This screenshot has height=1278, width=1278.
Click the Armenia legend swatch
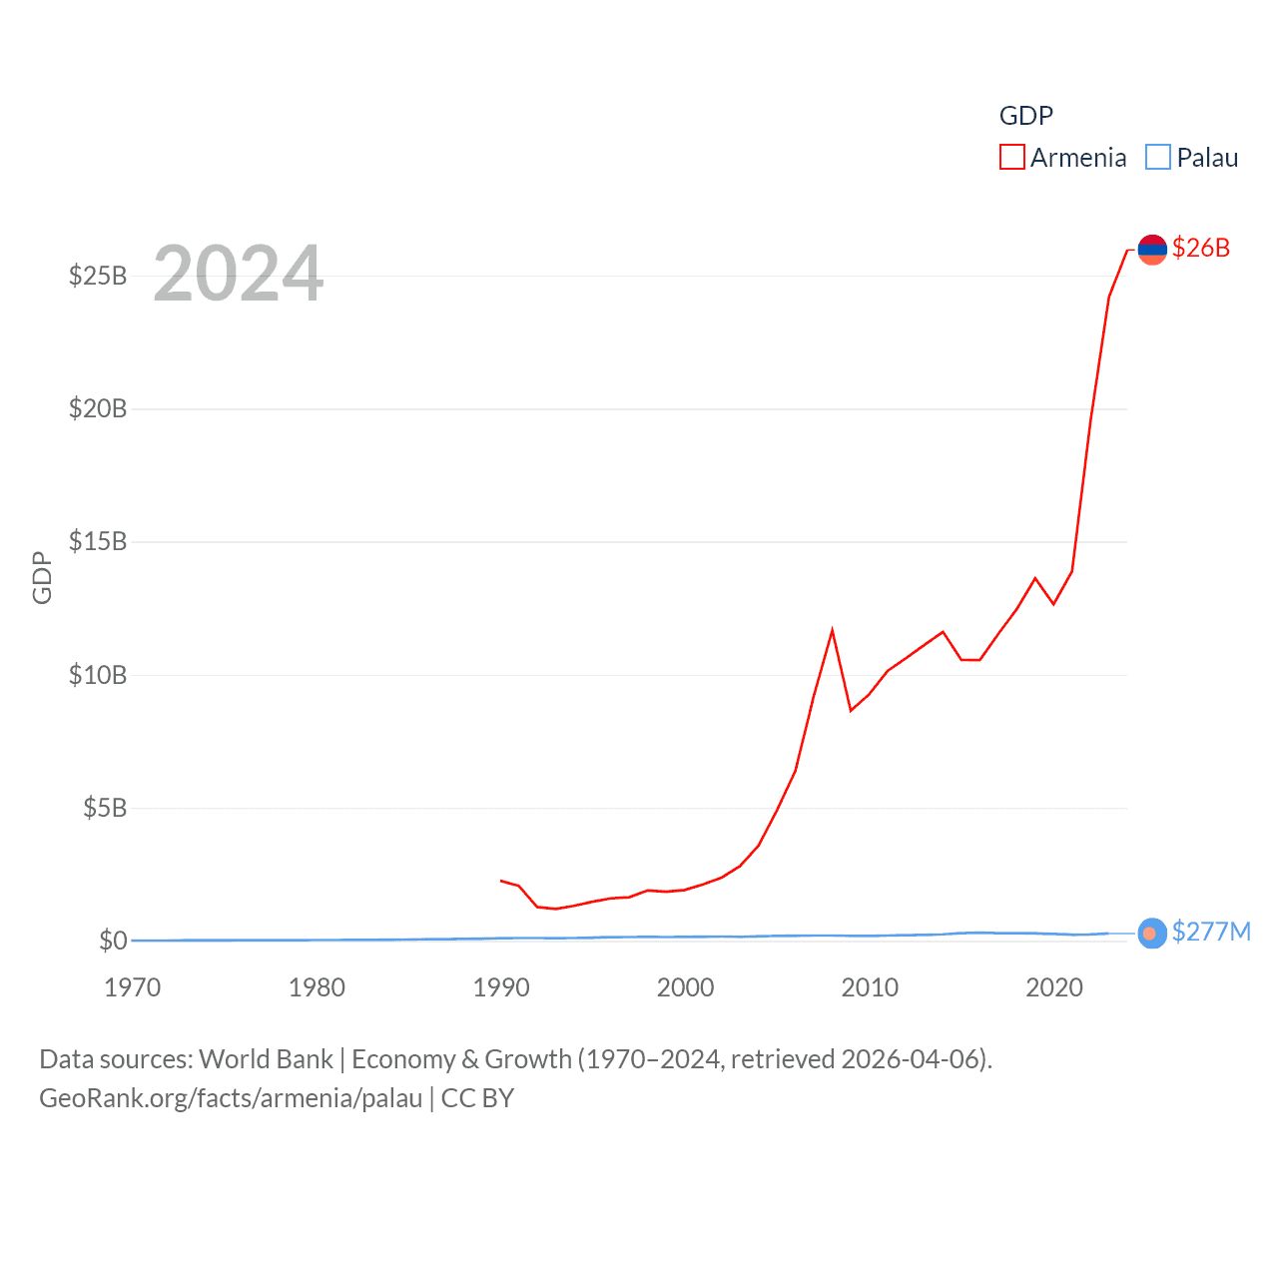pyautogui.click(x=1011, y=158)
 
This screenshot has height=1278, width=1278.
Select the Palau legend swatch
pyautogui.click(x=1157, y=158)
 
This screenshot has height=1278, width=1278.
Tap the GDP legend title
pyautogui.click(x=1025, y=116)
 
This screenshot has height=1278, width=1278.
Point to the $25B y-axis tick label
pyautogui.click(x=98, y=276)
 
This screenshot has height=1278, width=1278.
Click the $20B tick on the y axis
pyautogui.click(x=98, y=408)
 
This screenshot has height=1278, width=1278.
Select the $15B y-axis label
pyautogui.click(x=98, y=541)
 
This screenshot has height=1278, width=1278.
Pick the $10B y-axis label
pyautogui.click(x=98, y=675)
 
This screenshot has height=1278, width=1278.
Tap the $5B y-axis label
pyautogui.click(x=105, y=808)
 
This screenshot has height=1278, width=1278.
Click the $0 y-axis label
pyautogui.click(x=113, y=941)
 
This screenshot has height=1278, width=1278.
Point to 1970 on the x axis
pyautogui.click(x=133, y=987)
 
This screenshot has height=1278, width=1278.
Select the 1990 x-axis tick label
pyautogui.click(x=501, y=987)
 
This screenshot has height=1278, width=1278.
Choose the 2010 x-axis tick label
pyautogui.click(x=870, y=987)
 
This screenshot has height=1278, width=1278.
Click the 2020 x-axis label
pyautogui.click(x=1054, y=987)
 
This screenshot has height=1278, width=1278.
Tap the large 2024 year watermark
pyautogui.click(x=239, y=273)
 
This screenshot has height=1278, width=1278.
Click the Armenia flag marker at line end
pyautogui.click(x=1152, y=249)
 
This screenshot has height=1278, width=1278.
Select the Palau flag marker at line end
pyautogui.click(x=1151, y=934)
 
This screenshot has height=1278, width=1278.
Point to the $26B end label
pyautogui.click(x=1200, y=248)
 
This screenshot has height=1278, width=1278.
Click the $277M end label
pyautogui.click(x=1211, y=932)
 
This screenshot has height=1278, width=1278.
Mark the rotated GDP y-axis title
pyautogui.click(x=42, y=577)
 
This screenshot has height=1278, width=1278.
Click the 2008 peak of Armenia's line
pyautogui.click(x=832, y=631)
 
